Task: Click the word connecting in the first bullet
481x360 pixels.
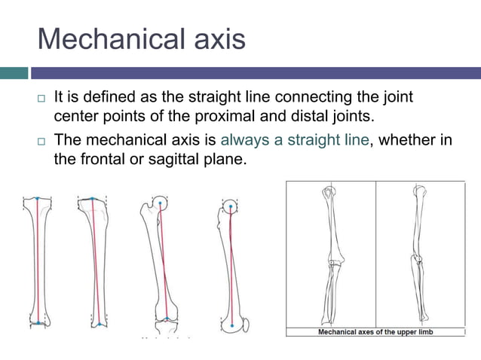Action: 312,98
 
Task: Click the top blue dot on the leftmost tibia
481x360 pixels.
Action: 38,200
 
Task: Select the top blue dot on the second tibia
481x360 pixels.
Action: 93,200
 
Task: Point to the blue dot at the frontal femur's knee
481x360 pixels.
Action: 167,319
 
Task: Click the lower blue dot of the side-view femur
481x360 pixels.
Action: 232,325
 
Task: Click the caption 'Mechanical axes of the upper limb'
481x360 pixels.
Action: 375,332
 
